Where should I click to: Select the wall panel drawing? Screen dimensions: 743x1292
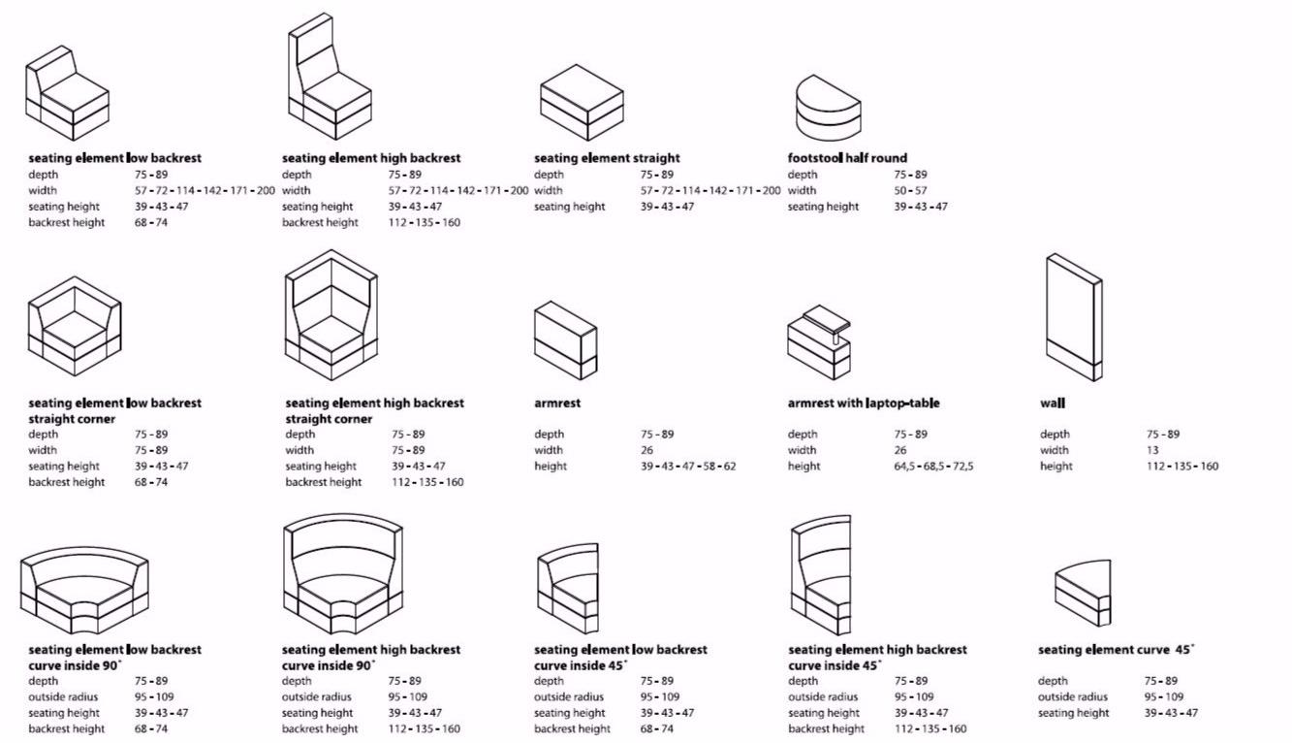(1073, 317)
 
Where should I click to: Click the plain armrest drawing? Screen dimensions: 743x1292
(565, 339)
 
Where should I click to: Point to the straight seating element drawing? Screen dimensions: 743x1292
(580, 102)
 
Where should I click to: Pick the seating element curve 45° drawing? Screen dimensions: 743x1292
(1084, 593)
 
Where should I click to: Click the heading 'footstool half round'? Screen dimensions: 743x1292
(847, 158)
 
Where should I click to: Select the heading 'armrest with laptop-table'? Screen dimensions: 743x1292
(863, 403)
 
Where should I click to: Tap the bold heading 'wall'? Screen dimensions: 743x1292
(1053, 403)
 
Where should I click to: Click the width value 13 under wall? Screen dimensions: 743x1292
(1152, 450)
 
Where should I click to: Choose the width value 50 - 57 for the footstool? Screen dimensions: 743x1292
(910, 190)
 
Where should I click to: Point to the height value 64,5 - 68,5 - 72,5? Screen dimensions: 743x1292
(933, 466)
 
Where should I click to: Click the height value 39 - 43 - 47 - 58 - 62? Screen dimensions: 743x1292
(687, 466)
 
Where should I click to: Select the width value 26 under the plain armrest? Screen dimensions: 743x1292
(646, 450)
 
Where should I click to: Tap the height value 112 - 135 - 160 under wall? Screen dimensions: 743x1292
(1182, 466)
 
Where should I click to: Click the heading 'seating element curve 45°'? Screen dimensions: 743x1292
(1116, 649)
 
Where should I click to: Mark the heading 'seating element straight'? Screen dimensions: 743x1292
(607, 158)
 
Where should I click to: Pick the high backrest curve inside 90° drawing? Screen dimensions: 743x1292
(342, 572)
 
